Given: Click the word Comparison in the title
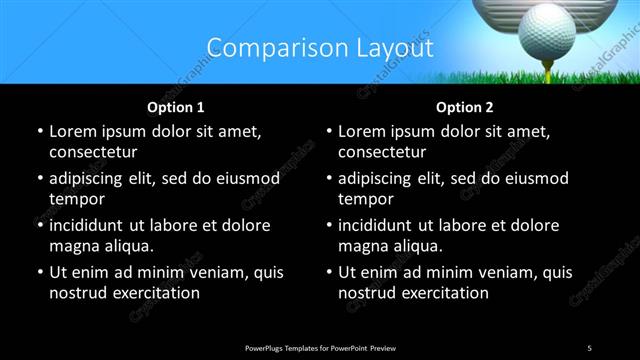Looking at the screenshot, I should click(x=268, y=47).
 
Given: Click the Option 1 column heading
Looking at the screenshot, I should click(x=176, y=107).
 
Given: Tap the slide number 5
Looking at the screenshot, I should click(x=589, y=347).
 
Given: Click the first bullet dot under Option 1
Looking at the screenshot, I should click(x=40, y=132).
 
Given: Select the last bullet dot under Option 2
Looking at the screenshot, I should click(x=330, y=273).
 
